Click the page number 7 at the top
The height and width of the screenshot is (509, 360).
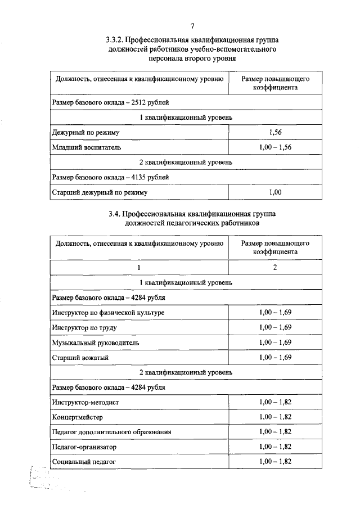coord(192,26)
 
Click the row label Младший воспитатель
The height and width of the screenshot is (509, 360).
coord(86,147)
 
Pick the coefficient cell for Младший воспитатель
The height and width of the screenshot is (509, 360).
coord(275,147)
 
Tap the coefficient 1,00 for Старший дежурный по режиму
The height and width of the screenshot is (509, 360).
coord(275,192)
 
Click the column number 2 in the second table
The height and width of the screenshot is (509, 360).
coord(275,267)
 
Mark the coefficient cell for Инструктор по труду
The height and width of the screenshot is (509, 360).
coord(275,327)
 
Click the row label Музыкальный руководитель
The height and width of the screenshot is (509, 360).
coord(95,342)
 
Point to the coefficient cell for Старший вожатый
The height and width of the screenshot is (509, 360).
coord(275,357)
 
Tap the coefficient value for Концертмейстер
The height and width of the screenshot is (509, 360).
coord(275,417)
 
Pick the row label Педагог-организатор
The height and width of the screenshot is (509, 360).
coord(84,447)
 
